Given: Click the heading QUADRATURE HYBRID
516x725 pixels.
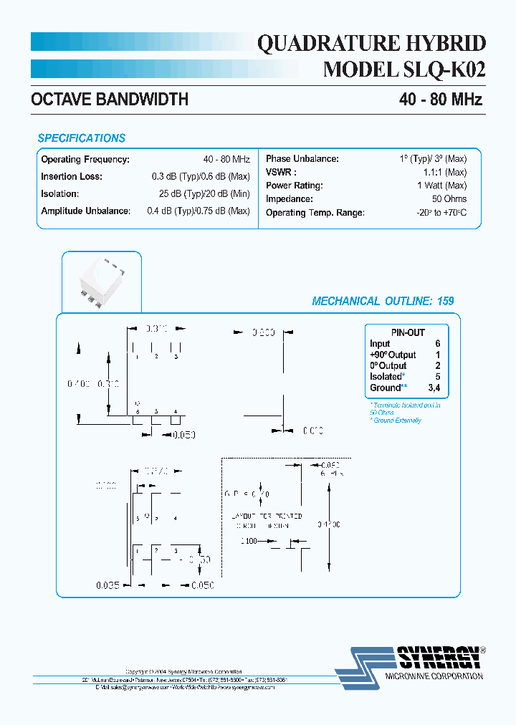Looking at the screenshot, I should [x=371, y=44].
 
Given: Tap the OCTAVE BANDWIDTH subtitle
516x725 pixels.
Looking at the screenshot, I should [x=110, y=100].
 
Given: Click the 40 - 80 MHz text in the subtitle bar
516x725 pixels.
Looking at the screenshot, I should [x=440, y=100].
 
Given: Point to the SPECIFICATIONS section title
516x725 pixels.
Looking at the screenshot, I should [x=81, y=138].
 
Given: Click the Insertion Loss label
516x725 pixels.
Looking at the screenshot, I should [x=72, y=176].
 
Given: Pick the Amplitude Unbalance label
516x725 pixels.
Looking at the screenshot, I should [x=85, y=211].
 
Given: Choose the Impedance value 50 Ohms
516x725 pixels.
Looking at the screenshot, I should [x=450, y=199].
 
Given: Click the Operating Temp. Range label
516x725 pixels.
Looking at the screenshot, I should [x=315, y=213].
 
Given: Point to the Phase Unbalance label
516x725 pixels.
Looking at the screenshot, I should [x=302, y=159].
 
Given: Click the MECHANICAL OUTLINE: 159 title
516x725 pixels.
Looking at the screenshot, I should [x=383, y=302].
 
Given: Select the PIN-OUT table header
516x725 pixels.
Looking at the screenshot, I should [x=408, y=332].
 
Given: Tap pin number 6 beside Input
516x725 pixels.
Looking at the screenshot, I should [x=437, y=344].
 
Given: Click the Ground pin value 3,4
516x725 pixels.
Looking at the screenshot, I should [x=434, y=388].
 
